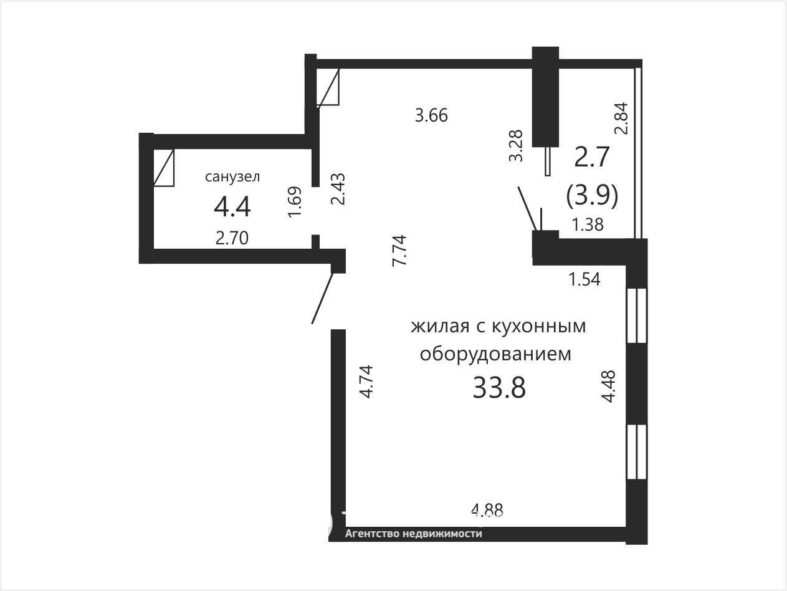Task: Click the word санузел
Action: [x=232, y=177]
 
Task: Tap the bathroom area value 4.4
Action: [x=232, y=207]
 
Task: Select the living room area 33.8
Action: [x=499, y=388]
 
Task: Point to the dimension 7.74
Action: [x=400, y=250]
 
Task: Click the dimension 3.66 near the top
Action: [x=431, y=115]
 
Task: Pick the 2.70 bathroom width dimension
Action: [x=232, y=238]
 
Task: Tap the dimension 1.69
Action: [x=295, y=202]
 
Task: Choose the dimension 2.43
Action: [x=338, y=189]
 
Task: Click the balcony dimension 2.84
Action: [x=621, y=118]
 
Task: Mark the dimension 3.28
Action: [x=517, y=146]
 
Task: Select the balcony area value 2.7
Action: [x=591, y=157]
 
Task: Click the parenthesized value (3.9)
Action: [x=592, y=196]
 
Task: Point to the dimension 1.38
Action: [x=588, y=225]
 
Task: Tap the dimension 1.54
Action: [x=584, y=279]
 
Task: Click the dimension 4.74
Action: [x=366, y=381]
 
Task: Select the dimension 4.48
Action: [x=608, y=386]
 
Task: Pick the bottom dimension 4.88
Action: [x=487, y=509]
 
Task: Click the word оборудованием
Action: [x=495, y=354]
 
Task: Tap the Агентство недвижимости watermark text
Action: [x=413, y=534]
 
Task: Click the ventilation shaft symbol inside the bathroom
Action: [x=164, y=168]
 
